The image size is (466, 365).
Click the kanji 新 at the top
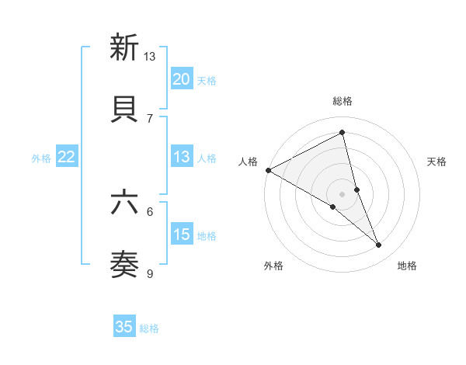(x=124, y=48)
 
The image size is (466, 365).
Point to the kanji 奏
(x=124, y=265)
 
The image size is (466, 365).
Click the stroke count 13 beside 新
(x=150, y=57)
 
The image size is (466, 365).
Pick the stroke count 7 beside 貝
(x=150, y=118)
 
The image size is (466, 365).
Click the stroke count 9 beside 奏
(x=150, y=273)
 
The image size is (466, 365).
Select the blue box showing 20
(x=182, y=79)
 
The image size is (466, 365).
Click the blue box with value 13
(x=182, y=158)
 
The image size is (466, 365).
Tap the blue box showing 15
(x=182, y=235)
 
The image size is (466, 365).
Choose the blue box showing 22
(x=67, y=158)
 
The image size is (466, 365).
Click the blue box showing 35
(x=124, y=327)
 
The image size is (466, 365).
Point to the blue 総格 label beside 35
(x=149, y=328)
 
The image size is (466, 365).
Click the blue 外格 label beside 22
(x=41, y=158)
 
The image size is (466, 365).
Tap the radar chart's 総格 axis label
(x=343, y=101)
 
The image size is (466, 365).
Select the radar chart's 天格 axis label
(x=436, y=162)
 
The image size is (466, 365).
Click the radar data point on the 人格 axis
(x=268, y=169)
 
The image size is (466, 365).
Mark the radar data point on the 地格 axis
(x=379, y=245)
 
